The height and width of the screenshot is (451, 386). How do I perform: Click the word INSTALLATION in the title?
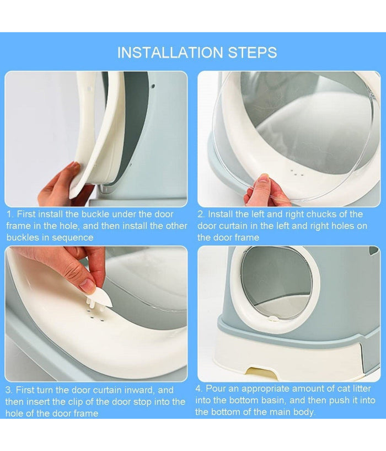[170, 52]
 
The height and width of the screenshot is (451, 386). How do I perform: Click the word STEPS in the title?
[253, 52]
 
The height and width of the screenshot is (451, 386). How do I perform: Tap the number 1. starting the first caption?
[10, 214]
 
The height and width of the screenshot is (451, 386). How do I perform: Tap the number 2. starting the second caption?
[201, 214]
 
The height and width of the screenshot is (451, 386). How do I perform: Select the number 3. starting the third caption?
[9, 390]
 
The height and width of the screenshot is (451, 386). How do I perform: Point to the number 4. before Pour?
[199, 389]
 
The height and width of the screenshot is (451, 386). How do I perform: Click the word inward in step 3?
[140, 390]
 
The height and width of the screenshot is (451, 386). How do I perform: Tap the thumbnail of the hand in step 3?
[87, 285]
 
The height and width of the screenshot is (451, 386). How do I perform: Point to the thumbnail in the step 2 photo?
[263, 178]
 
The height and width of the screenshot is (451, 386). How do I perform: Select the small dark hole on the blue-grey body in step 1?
[153, 86]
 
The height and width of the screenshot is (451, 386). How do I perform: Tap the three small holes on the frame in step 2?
[297, 173]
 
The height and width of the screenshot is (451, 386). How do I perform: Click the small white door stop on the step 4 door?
[273, 319]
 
